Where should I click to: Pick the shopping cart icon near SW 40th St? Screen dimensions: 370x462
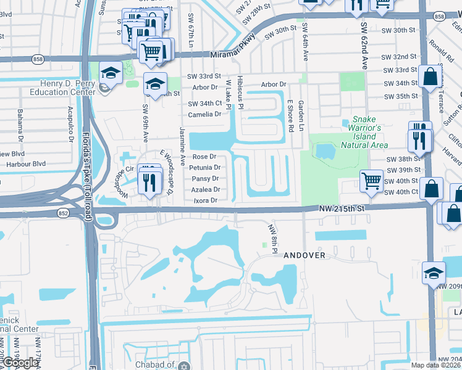click(371, 181)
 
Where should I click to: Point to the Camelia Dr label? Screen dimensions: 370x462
click(205, 114)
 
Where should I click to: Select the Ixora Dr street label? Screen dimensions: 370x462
click(206, 200)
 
